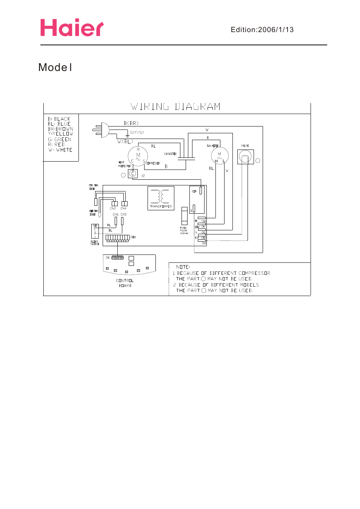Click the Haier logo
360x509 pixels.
tap(72, 28)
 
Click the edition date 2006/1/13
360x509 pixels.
tap(275, 30)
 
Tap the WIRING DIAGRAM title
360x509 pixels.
tap(175, 107)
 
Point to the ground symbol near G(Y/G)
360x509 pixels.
tap(127, 136)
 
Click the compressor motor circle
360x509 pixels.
tap(138, 156)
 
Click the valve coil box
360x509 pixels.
tap(245, 157)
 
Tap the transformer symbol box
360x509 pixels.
tap(161, 198)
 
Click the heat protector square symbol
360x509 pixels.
tap(133, 173)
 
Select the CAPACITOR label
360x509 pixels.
tap(170, 154)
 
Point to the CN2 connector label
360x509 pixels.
tap(113, 208)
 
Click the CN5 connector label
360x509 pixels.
tap(124, 214)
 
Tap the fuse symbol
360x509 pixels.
tap(184, 216)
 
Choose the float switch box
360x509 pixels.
tap(95, 231)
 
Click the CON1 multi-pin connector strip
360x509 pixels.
tap(118, 238)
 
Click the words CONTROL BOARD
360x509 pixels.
tap(125, 283)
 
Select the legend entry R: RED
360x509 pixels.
tap(56, 145)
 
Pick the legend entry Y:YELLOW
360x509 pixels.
tap(60, 134)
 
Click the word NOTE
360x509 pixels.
tap(183, 267)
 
